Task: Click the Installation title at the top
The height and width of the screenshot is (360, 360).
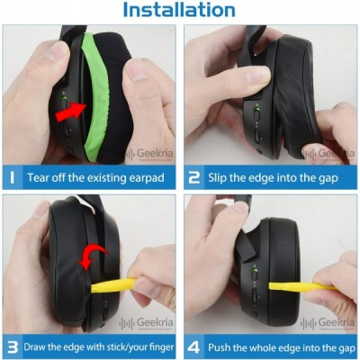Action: click(179, 10)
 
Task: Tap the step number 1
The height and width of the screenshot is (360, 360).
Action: click(12, 177)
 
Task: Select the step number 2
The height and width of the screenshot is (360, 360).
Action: click(194, 177)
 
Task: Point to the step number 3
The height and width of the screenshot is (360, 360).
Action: click(13, 347)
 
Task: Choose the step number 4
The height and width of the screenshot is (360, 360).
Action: click(193, 347)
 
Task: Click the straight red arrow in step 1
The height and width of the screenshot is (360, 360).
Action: click(70, 112)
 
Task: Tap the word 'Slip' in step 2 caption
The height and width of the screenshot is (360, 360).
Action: click(218, 178)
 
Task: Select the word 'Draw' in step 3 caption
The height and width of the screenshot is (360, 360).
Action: click(35, 347)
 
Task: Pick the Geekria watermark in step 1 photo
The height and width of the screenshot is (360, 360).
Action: click(150, 154)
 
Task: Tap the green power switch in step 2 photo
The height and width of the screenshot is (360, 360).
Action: click(256, 112)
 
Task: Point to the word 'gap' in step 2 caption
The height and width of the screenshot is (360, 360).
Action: click(328, 179)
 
